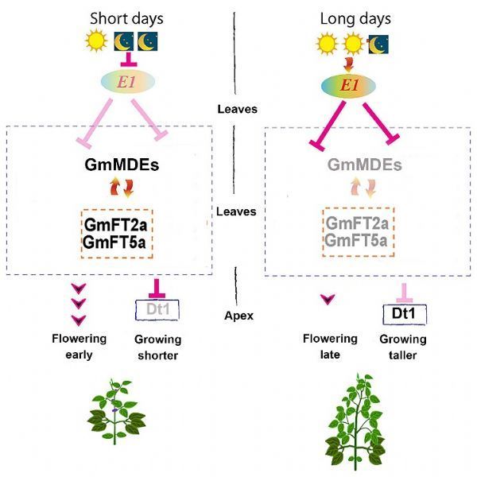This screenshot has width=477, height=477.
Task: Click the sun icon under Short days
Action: pos(96,41)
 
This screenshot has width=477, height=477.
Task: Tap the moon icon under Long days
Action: pos(378,44)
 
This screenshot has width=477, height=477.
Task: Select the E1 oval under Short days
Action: pos(128,82)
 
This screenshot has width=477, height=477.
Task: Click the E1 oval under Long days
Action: pos(349,86)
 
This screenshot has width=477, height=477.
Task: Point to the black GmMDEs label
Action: pos(122,165)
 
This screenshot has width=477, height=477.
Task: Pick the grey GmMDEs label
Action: pos(364,165)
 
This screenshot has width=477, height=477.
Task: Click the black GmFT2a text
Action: pos(115,225)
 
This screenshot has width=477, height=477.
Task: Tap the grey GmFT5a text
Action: pos(355,240)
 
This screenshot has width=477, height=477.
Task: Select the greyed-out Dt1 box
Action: pos(157,310)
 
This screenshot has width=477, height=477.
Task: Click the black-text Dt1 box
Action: pos(405,314)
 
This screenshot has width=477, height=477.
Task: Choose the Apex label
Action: pos(238,316)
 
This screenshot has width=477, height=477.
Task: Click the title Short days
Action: pos(126,19)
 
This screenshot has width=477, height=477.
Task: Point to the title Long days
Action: pos(355,19)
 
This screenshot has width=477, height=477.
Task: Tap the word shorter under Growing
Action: pos(158,355)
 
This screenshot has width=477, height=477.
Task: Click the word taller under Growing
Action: pos(402,355)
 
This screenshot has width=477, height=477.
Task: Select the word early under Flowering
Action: pos(79,355)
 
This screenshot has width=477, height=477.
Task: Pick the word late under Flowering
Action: pos(330,355)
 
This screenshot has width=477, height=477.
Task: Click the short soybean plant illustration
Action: pos(116,412)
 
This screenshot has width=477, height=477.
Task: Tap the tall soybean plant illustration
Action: pos(356,422)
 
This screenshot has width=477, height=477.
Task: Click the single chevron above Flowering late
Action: pos(328,300)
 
